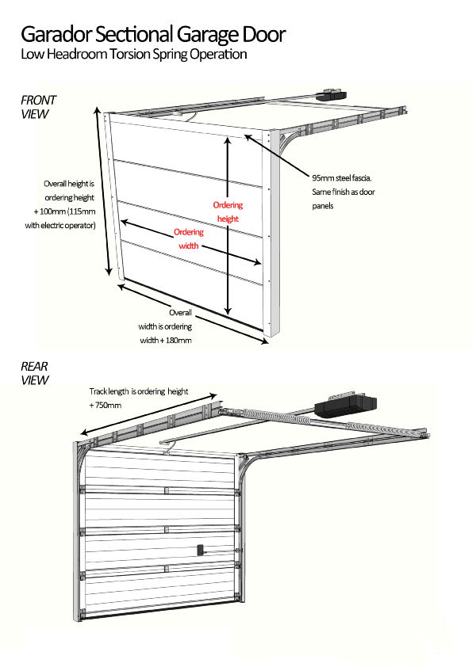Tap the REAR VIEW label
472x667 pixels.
click(x=35, y=373)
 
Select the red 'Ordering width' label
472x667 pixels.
click(x=189, y=238)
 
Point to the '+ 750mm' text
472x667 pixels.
click(x=106, y=405)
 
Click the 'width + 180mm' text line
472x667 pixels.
click(x=164, y=340)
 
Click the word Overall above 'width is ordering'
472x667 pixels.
click(x=180, y=314)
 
